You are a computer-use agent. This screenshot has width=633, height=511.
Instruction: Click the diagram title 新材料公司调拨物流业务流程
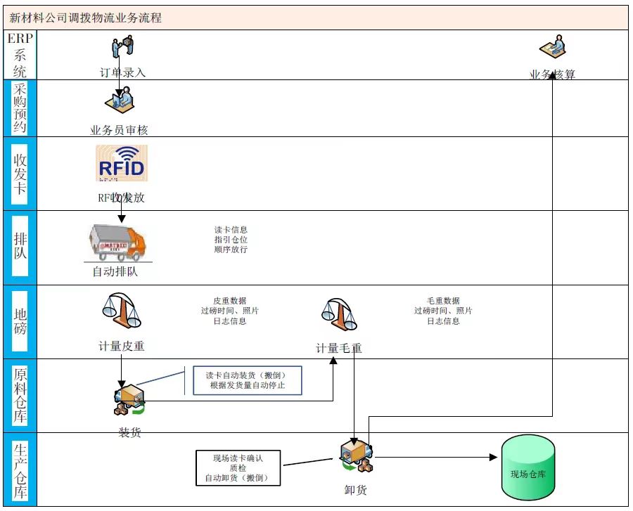[x=86, y=18]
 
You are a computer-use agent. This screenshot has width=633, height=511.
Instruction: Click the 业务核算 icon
[x=553, y=48]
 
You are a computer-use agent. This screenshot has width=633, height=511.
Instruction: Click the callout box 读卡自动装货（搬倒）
[x=248, y=380]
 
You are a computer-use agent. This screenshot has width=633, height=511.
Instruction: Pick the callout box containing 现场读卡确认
[x=238, y=468]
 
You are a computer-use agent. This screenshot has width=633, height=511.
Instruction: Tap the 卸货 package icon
[x=356, y=458]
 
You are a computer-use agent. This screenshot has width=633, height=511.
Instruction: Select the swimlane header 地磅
[x=20, y=321]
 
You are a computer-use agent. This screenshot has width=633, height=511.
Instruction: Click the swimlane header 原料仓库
[x=20, y=395]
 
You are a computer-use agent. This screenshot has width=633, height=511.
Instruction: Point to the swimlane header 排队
[x=20, y=247]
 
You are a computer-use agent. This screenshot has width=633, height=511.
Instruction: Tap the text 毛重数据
[x=443, y=300]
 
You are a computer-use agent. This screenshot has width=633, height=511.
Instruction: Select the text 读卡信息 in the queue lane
[x=231, y=230]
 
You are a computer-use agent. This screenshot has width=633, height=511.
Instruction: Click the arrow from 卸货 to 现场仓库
[x=436, y=458]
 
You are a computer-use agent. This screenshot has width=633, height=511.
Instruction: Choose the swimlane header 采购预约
[x=20, y=108]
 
